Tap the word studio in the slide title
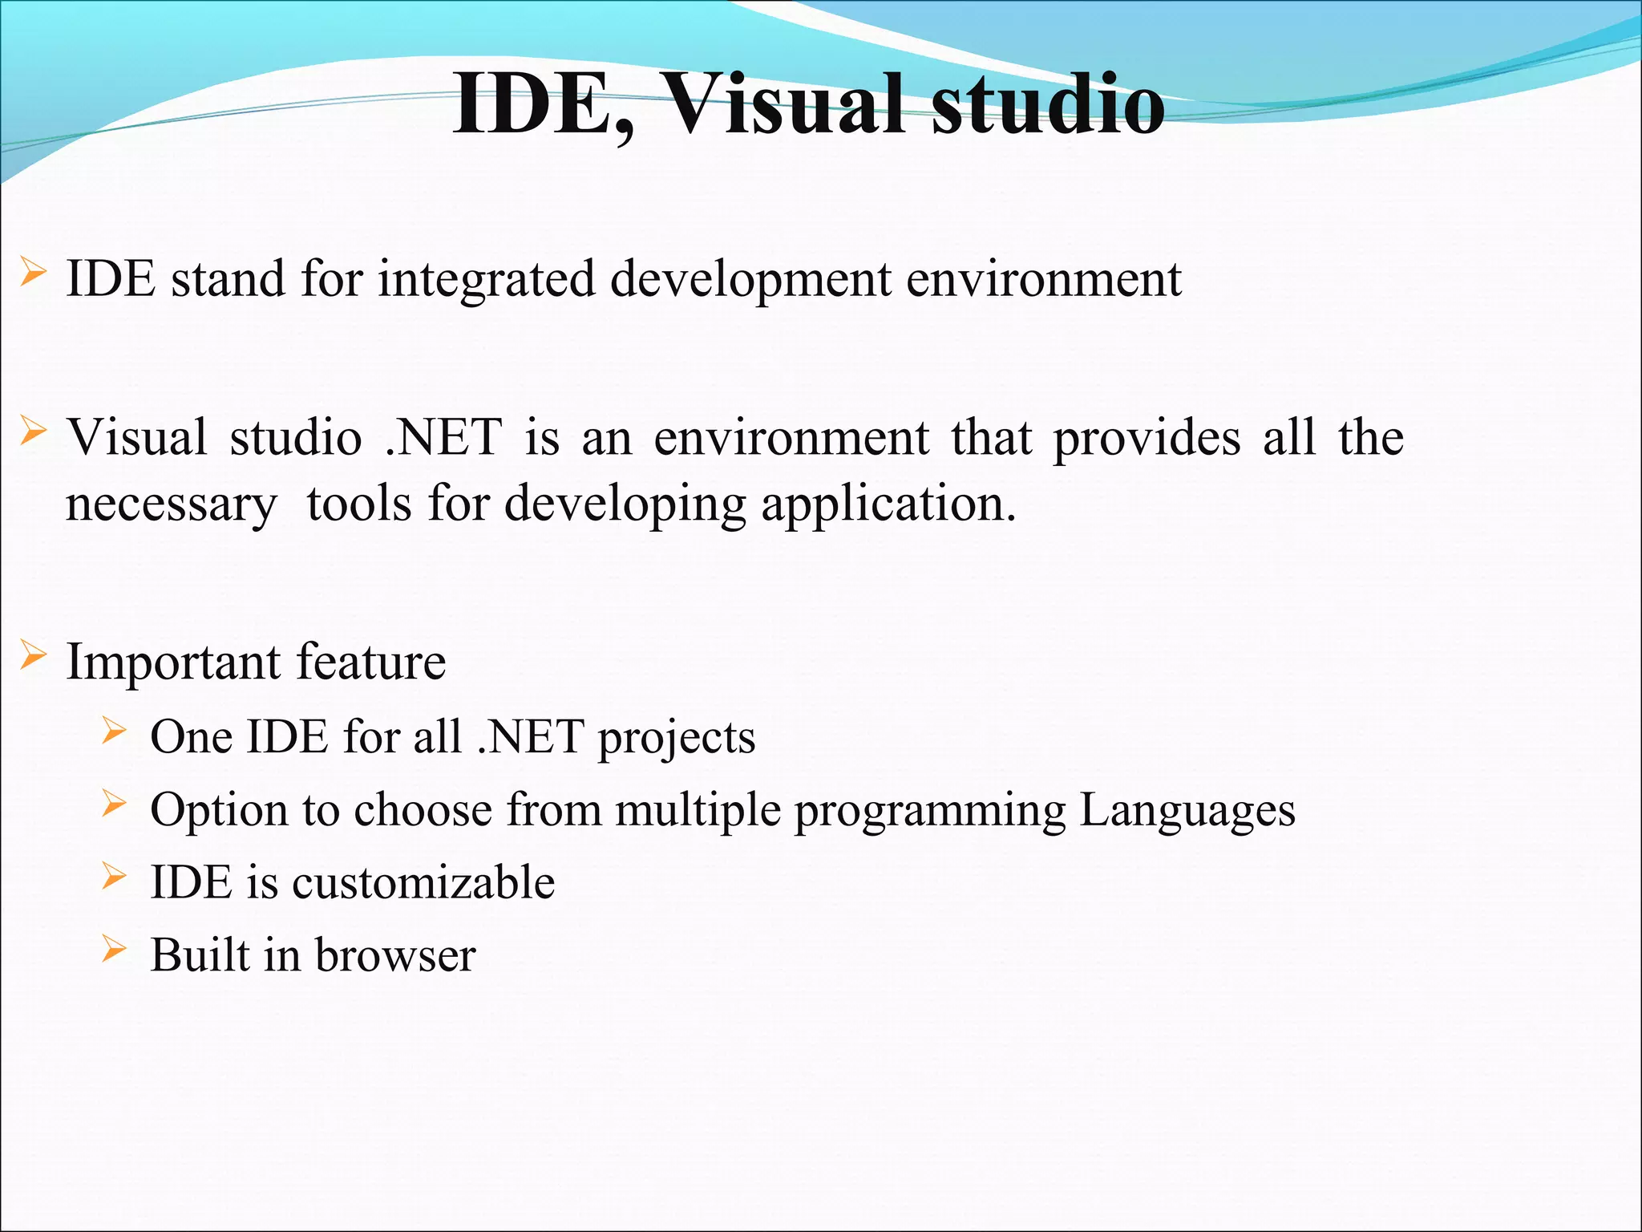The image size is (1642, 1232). pos(1047,105)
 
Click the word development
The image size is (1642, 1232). pos(750,281)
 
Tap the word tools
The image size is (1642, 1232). pos(359,504)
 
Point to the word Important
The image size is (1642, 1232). pos(173,663)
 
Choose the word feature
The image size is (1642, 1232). pos(371,662)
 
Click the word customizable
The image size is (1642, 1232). pos(423,882)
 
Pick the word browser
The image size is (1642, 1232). pos(395,955)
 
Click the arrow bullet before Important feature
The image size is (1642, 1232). pos(32,655)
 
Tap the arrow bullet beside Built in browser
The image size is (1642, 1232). pos(115,950)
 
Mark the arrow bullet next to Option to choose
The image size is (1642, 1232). pos(115,804)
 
